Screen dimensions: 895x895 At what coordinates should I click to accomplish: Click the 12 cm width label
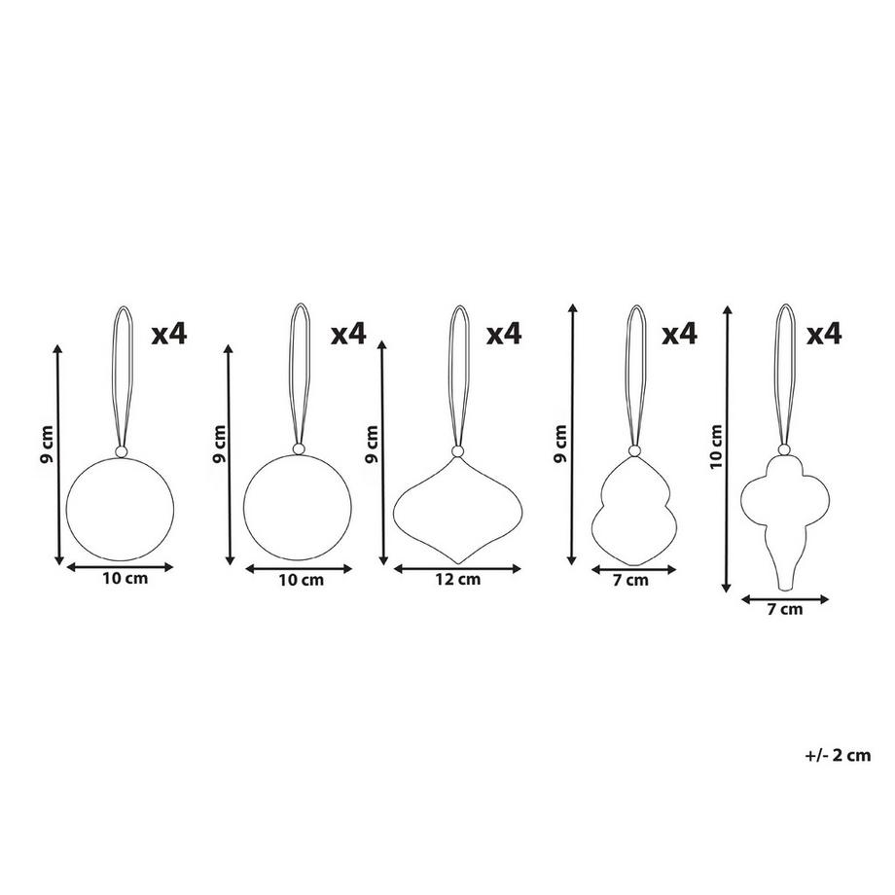click(x=458, y=580)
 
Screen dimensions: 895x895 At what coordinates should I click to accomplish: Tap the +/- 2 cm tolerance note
click(x=838, y=755)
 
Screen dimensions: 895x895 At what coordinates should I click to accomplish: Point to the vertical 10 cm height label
click(x=716, y=447)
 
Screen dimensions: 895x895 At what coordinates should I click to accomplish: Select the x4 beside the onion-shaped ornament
click(x=504, y=334)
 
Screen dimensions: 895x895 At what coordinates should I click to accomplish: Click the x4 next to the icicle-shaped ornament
click(x=824, y=334)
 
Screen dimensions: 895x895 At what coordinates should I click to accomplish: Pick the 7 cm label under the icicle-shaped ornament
click(x=785, y=610)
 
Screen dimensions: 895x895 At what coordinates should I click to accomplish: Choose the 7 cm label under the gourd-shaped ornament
click(x=630, y=581)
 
